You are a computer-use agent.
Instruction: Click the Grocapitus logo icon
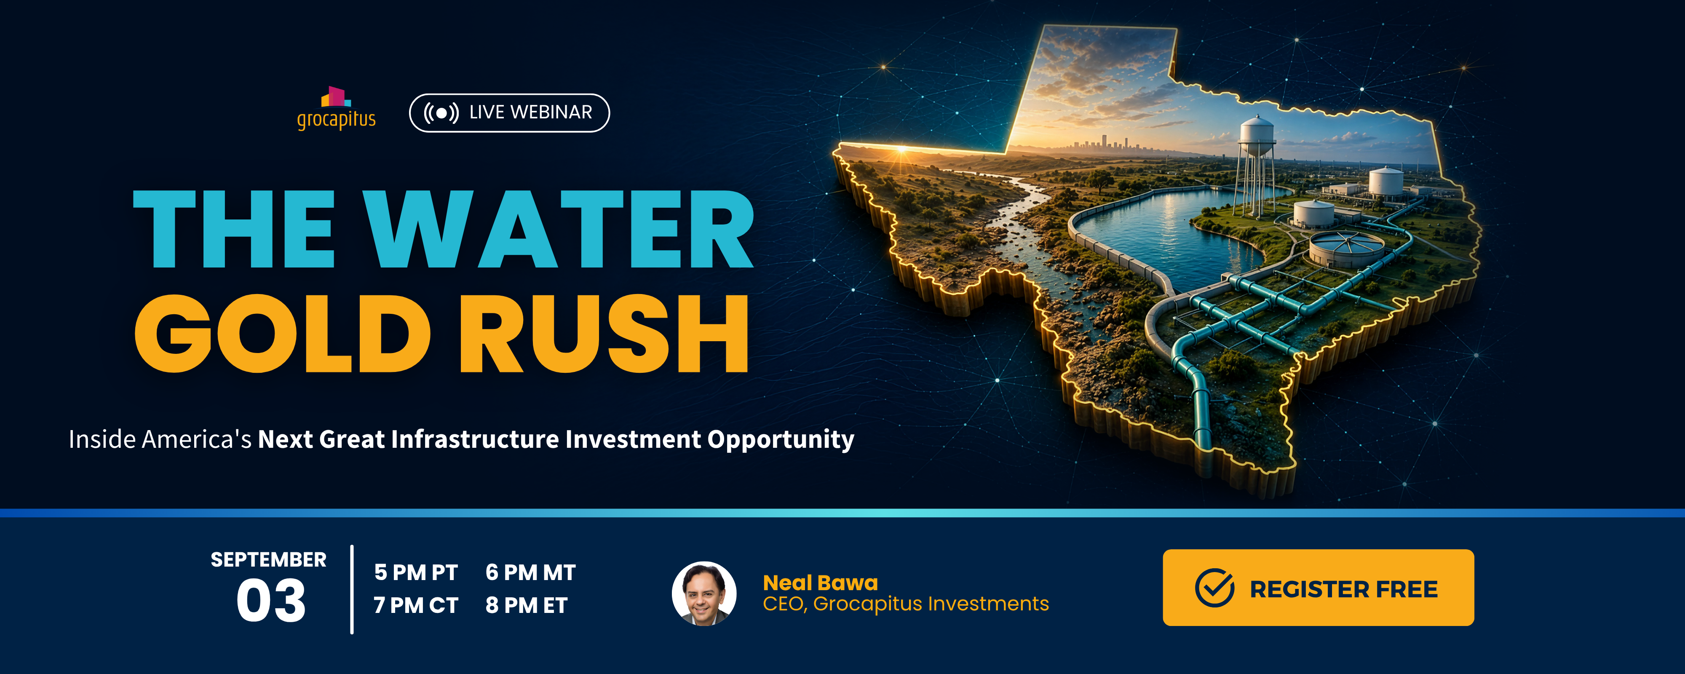336,97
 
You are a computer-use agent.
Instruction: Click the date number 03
271,601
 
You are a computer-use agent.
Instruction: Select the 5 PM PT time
416,572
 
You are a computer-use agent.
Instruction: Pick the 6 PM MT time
530,572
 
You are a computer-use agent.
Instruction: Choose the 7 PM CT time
416,605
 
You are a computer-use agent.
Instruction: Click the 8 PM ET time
527,605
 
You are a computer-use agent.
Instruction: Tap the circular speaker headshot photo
704,594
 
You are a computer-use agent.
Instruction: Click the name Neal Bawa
820,583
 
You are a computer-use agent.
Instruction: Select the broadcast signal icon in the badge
441,112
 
